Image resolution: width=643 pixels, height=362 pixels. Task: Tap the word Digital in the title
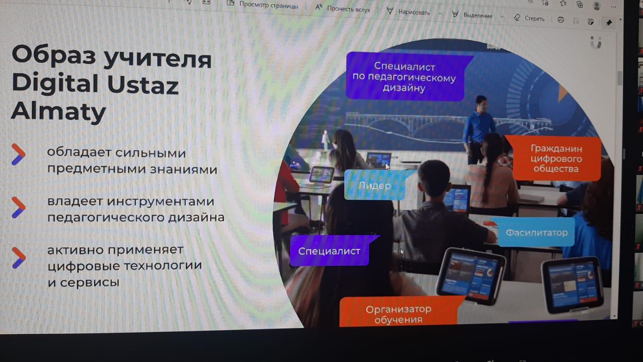[x=55, y=83]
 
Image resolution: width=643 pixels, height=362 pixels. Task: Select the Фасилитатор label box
[x=536, y=232]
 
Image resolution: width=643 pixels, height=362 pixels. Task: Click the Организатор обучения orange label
[x=399, y=313]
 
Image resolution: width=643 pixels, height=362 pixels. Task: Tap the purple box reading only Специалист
[x=330, y=251]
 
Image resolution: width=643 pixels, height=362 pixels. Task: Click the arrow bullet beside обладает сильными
[x=18, y=155]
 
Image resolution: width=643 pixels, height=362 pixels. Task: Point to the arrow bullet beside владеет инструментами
[x=18, y=207]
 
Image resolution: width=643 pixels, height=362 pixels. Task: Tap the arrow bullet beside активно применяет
[x=19, y=258]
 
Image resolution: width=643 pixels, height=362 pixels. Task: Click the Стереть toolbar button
[x=529, y=19]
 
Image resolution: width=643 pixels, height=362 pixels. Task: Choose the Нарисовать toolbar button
[x=409, y=12]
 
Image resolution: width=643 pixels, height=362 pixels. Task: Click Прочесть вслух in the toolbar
[x=343, y=8]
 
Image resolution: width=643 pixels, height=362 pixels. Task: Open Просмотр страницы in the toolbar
[x=262, y=5]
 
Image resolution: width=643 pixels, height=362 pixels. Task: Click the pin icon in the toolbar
[x=609, y=23]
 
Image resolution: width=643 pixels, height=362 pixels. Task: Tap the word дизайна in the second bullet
[x=196, y=217]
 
